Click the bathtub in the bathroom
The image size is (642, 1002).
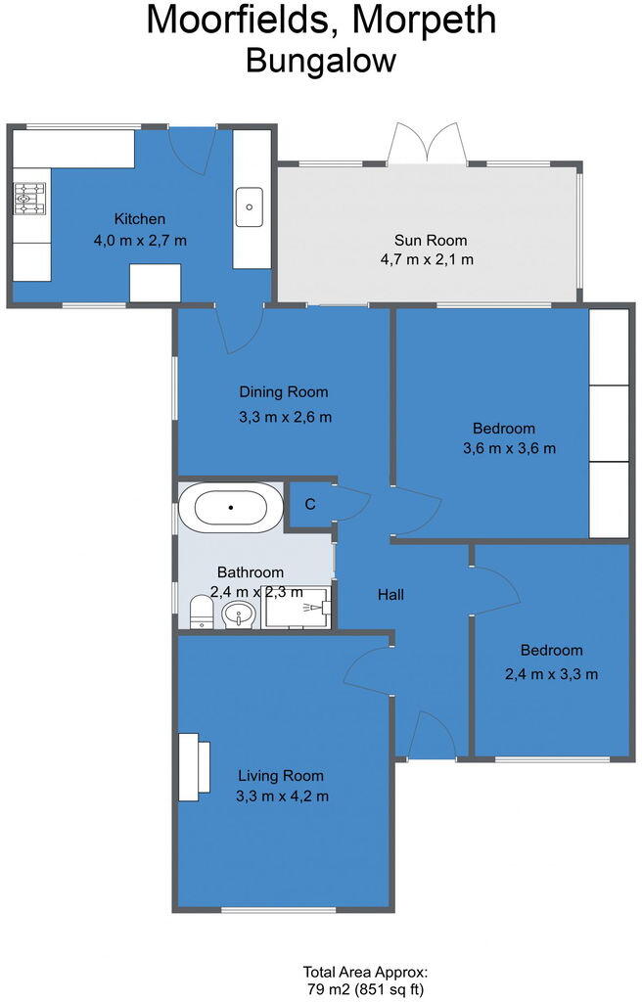pyautogui.click(x=231, y=508)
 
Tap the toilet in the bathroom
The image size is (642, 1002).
pyautogui.click(x=201, y=612)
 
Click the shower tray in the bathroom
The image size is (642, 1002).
pyautogui.click(x=298, y=607)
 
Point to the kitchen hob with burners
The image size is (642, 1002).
pyautogui.click(x=29, y=199)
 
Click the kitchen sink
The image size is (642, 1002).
pyautogui.click(x=250, y=206)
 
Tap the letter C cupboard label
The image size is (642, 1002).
pyautogui.click(x=309, y=505)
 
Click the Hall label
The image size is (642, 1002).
pyautogui.click(x=390, y=594)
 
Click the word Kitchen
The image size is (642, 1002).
pyautogui.click(x=140, y=219)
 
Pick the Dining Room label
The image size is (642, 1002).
pyautogui.click(x=284, y=392)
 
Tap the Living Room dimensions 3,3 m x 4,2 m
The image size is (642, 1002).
pyautogui.click(x=282, y=796)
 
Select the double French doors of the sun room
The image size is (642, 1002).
pyautogui.click(x=426, y=145)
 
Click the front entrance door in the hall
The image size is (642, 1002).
pyautogui.click(x=431, y=736)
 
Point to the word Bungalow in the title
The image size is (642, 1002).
pyautogui.click(x=320, y=61)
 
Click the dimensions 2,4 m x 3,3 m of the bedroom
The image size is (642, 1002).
pyautogui.click(x=551, y=673)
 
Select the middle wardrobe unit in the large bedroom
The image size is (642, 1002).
pyautogui.click(x=608, y=423)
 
